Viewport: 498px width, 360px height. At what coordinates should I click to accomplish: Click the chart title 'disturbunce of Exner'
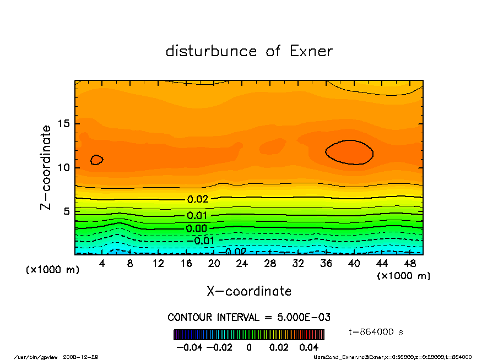249,51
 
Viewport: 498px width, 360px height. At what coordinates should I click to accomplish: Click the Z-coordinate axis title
47,167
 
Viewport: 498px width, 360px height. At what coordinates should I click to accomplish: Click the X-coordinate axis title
249,291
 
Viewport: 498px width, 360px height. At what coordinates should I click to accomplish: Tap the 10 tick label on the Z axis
62,167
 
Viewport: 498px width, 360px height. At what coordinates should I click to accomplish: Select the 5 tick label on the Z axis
65,211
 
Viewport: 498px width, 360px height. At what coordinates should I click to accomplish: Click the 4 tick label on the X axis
102,264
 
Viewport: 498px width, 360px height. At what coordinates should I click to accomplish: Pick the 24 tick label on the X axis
242,264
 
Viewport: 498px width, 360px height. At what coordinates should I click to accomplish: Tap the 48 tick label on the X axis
410,264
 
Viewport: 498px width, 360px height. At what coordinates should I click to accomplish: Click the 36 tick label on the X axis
326,264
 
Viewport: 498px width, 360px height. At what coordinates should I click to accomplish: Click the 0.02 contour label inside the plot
197,199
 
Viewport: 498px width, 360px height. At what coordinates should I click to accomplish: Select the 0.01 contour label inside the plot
197,216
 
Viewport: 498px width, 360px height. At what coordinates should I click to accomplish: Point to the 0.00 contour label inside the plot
197,228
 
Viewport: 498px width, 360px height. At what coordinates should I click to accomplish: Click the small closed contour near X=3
96,160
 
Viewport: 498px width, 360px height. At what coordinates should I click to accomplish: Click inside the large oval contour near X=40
349,152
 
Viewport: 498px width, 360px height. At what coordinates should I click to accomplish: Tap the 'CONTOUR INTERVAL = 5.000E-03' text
248,318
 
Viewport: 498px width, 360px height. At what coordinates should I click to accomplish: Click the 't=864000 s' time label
376,332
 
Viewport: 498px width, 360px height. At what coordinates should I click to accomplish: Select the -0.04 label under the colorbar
185,347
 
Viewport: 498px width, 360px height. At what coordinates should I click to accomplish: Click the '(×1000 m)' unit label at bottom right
403,275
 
